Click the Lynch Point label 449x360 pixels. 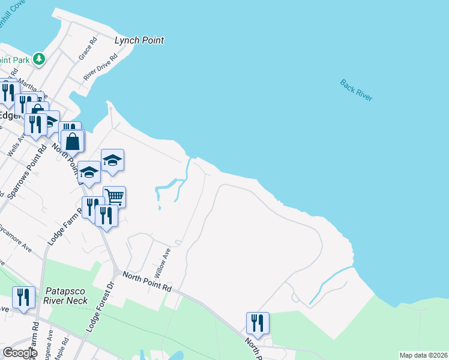pos(139,41)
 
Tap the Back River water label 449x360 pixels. pos(356,91)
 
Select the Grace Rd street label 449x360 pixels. pos(88,50)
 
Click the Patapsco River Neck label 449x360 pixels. pos(65,295)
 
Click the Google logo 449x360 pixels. pos(20,352)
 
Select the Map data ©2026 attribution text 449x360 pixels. pos(423,355)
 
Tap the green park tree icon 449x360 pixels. pos(39,58)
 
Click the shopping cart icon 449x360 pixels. pos(114,196)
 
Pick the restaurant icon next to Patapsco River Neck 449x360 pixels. pos(23,296)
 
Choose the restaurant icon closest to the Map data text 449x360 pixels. pos(258,322)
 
